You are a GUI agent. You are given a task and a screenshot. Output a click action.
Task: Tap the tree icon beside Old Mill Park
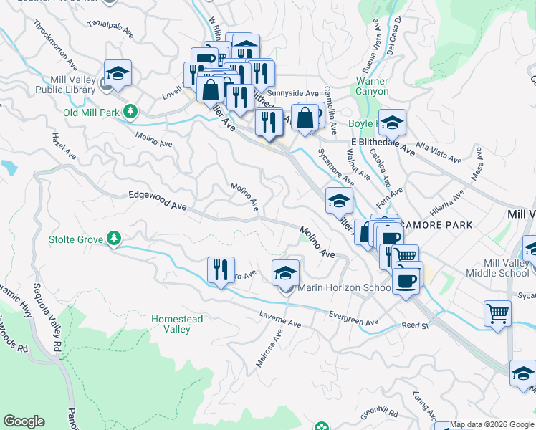point(130,111)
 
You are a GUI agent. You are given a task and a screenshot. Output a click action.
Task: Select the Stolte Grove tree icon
point(113,238)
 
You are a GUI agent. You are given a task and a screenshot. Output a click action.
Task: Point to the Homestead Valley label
point(178,324)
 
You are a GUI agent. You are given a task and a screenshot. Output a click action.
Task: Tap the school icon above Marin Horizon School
point(285,272)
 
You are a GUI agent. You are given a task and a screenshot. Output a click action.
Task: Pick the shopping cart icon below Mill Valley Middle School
point(498,312)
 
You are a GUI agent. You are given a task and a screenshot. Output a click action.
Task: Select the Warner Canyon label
point(372,87)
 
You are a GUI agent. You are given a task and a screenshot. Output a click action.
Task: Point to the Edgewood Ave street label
point(157,200)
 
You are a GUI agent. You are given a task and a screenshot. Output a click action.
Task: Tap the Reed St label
point(414,326)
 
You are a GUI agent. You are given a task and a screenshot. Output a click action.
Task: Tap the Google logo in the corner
point(24,421)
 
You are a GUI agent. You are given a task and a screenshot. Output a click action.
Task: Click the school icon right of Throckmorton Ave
point(118,72)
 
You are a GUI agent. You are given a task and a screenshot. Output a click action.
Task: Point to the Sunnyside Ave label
point(292,93)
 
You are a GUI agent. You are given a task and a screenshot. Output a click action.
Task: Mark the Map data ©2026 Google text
point(492,424)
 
